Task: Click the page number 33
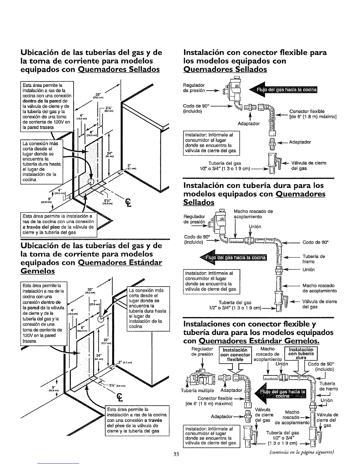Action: [176, 454]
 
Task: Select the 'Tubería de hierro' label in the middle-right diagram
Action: [314, 259]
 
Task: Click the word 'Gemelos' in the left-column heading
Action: [38, 271]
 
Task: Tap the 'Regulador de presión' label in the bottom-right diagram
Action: [202, 352]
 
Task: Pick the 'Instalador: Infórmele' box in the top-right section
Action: [211, 143]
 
